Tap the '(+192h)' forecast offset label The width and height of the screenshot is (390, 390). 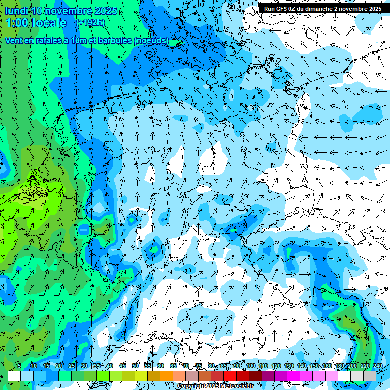point(91,23)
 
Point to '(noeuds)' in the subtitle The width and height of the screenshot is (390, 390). point(151,40)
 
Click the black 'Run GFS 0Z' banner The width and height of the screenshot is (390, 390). point(323,8)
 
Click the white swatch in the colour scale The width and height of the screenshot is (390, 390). point(14,376)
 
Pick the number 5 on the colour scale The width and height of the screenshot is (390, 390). point(19,366)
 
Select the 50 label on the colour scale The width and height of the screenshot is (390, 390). point(135,366)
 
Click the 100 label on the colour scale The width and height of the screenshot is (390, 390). point(251,366)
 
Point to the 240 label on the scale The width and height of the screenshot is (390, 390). point(378,366)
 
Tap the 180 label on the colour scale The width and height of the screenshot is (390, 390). point(340,366)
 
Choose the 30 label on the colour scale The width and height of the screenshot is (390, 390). point(84,366)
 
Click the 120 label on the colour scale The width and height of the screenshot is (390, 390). point(276,366)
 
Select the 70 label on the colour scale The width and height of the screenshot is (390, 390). point(186,366)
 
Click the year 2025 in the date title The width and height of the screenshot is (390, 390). point(106,11)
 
